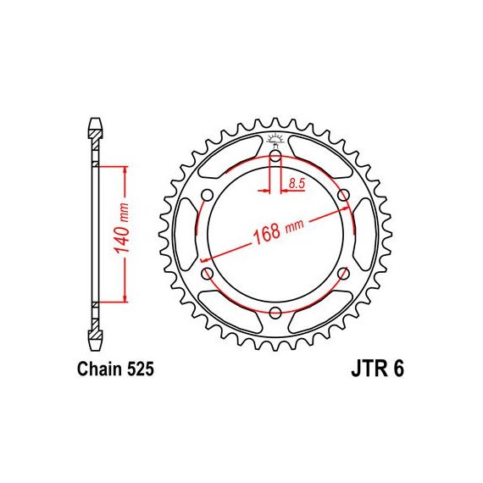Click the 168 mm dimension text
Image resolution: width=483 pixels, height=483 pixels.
278,231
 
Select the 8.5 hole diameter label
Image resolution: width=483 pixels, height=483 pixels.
297,184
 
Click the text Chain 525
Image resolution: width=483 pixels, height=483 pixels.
115,369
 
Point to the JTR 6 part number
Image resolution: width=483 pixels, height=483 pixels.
377,369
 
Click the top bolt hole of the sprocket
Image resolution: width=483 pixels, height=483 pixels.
275,156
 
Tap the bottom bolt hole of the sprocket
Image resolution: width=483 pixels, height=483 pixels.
275,313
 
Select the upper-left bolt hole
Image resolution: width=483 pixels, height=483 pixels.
207,195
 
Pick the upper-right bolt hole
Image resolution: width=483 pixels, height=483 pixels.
343,195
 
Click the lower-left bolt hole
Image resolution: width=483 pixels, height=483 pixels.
207,273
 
